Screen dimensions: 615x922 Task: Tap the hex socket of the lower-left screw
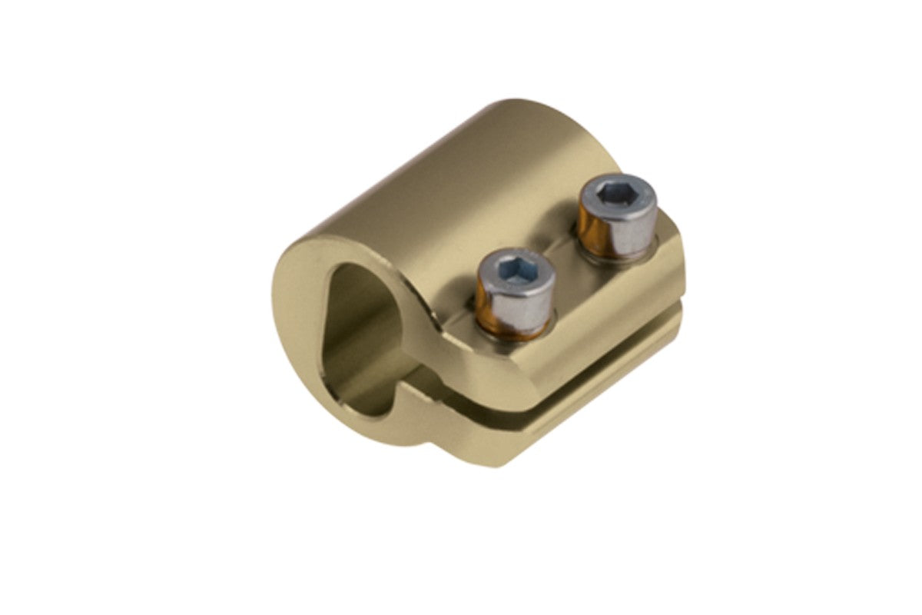click(x=516, y=270)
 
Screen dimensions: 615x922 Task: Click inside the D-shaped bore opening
click(x=361, y=338)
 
